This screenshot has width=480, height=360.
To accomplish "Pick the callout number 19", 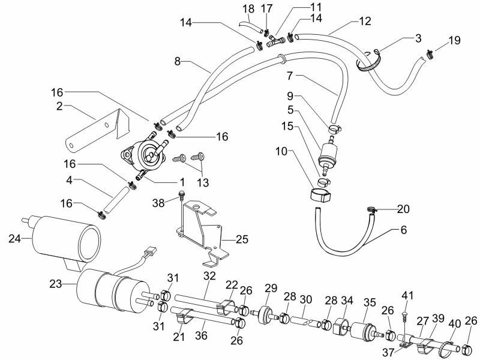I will tap(454, 41).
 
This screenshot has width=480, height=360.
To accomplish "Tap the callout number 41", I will tap(408, 295).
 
